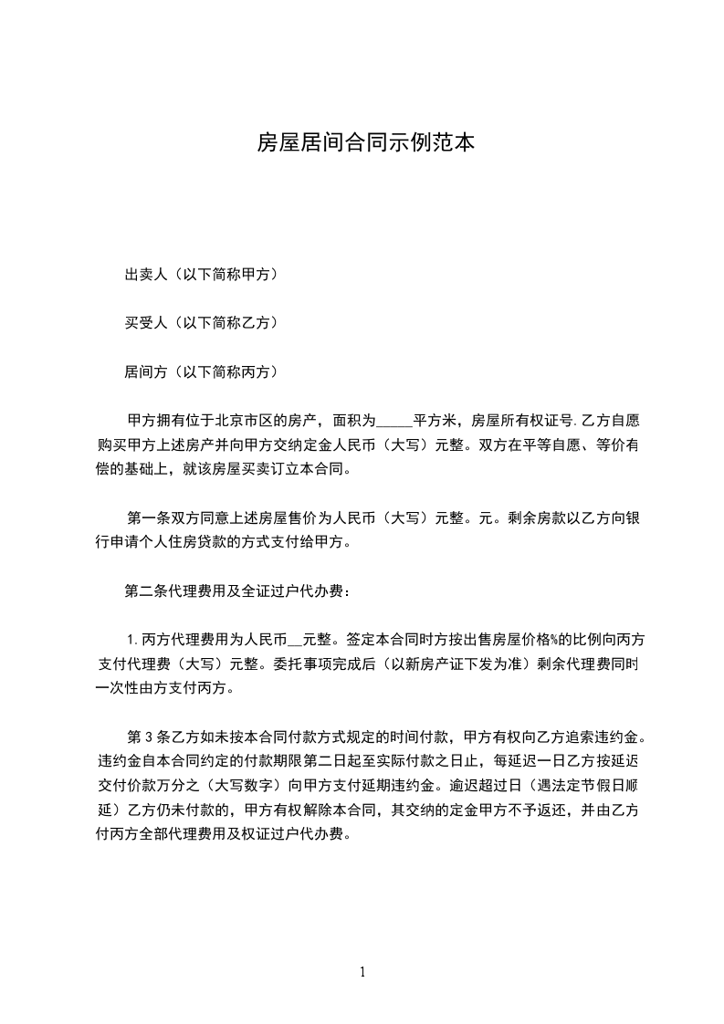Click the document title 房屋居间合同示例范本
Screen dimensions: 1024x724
365,142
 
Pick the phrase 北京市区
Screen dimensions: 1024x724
241,422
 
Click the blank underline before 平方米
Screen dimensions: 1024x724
394,423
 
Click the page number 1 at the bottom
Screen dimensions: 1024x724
362,973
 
